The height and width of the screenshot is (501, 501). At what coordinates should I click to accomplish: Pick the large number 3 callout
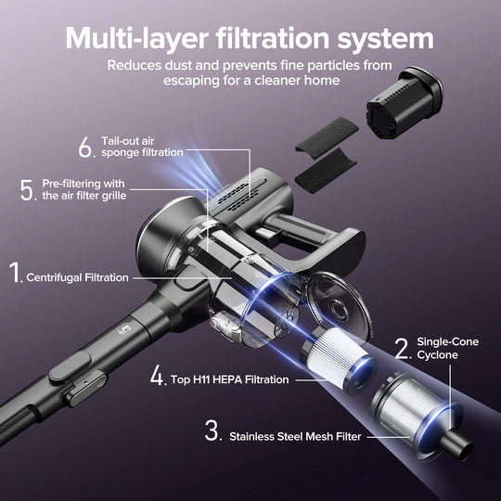(212, 432)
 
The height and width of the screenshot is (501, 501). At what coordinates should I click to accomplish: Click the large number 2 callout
(402, 348)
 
